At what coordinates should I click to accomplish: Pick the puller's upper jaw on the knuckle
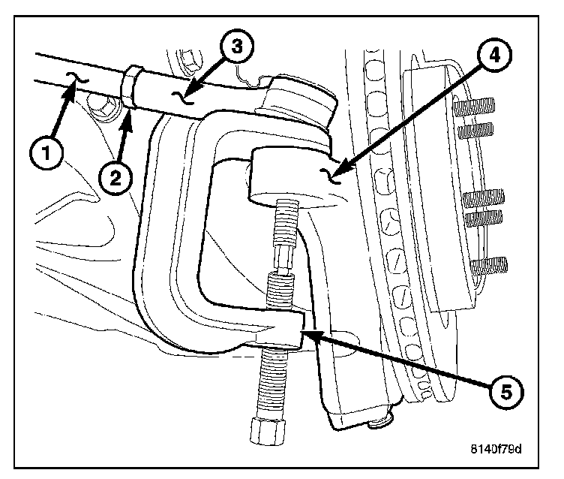click(x=292, y=173)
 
